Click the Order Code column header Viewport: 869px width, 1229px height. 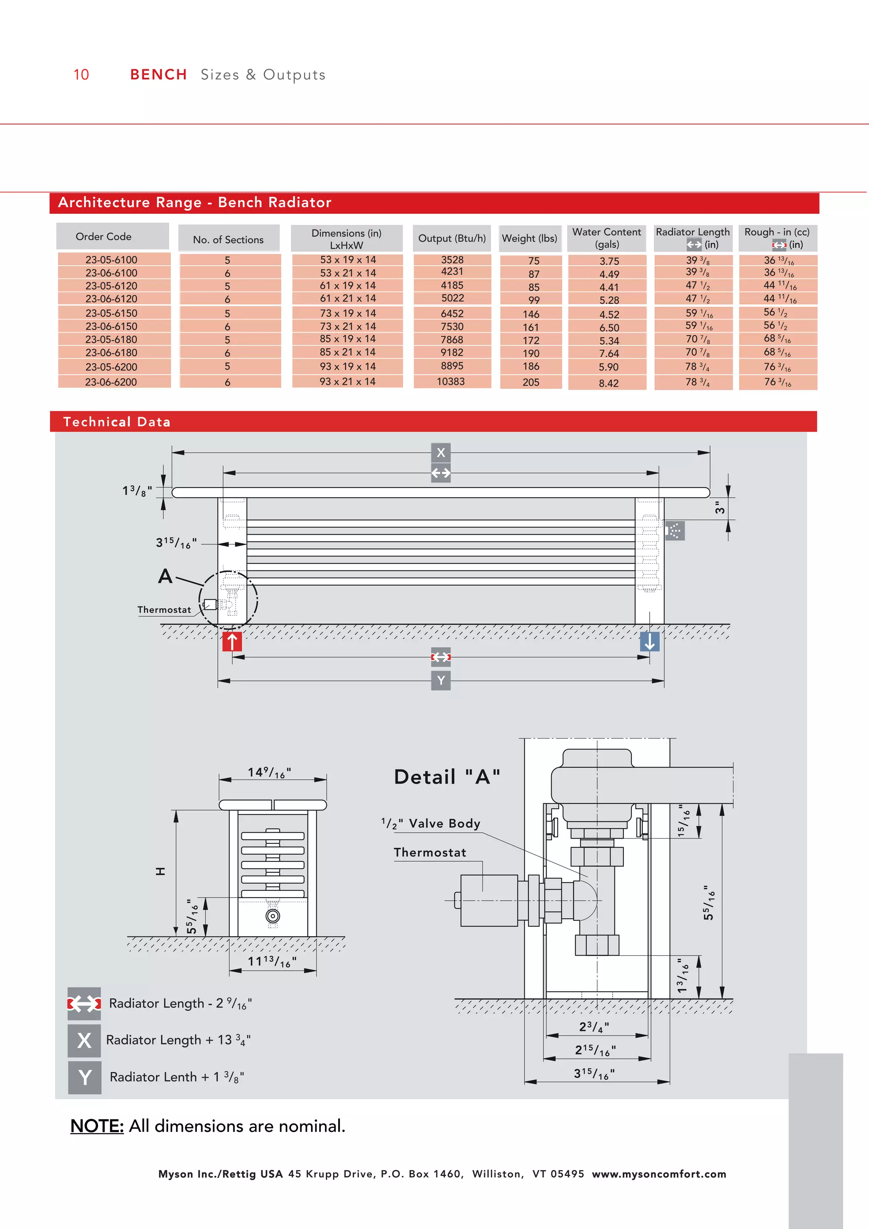coord(103,237)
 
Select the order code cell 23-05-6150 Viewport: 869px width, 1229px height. coord(111,313)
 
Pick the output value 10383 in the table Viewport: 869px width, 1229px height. coord(451,382)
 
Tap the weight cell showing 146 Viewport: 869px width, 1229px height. coord(531,314)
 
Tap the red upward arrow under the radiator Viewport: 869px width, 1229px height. coord(232,641)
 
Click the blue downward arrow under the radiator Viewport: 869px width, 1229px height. coord(649,641)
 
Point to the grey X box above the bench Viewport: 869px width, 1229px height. coord(440,453)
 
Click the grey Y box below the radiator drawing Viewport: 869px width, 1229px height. coord(440,681)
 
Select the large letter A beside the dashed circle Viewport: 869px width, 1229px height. coord(165,576)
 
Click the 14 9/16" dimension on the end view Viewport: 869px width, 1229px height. coord(269,772)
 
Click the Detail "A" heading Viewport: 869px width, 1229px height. coord(447,777)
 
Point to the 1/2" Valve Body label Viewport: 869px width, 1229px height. coord(431,823)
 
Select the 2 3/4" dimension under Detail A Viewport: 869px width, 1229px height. coord(594,1027)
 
